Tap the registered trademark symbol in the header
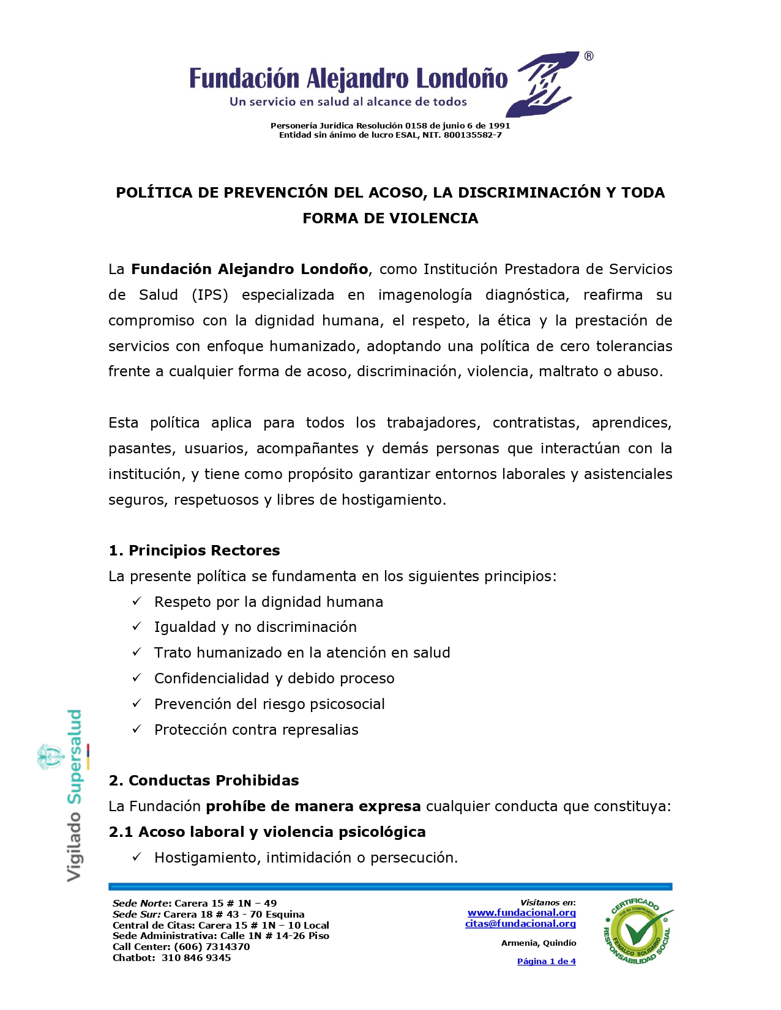click(x=588, y=56)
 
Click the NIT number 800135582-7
click(x=473, y=135)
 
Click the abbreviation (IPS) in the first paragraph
click(x=210, y=295)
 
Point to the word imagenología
click(x=425, y=295)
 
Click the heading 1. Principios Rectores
click(x=194, y=551)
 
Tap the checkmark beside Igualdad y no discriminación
click(x=137, y=626)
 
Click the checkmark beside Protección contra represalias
click(x=137, y=729)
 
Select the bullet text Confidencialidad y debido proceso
click(x=274, y=678)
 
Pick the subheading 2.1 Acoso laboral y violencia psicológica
click(x=267, y=832)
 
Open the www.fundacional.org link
click(x=521, y=913)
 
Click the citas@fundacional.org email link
click(x=520, y=924)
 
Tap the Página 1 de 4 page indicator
click(x=546, y=962)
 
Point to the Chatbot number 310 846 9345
click(x=196, y=958)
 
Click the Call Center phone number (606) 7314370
click(x=212, y=947)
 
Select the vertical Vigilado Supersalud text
click(x=74, y=795)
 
